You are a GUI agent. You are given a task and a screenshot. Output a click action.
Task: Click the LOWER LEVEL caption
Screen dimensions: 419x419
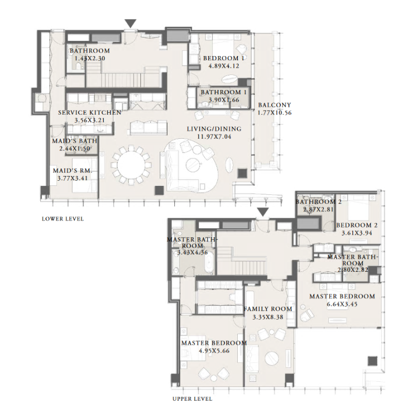click(x=62, y=219)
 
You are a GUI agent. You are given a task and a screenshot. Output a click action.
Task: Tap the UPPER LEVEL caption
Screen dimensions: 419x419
click(x=192, y=399)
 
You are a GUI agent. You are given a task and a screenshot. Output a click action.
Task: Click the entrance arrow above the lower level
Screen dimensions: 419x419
click(x=130, y=24)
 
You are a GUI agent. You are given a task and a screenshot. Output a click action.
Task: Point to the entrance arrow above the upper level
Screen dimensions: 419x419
click(x=263, y=212)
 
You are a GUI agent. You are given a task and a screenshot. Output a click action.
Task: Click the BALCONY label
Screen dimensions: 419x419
click(x=274, y=105)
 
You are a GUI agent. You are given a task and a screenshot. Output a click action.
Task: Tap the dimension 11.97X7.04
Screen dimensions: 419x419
click(x=214, y=137)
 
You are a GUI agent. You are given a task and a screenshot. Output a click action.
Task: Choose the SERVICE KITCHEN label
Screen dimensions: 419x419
click(x=90, y=113)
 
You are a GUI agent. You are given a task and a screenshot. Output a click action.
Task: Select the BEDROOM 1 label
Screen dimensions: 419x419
click(x=224, y=58)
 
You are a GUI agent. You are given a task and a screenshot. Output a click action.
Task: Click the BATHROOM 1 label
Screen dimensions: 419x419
click(x=220, y=92)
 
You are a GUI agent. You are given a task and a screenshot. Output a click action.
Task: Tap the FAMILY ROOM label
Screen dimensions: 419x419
click(x=268, y=309)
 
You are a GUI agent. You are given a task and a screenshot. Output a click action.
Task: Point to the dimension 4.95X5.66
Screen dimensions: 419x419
click(x=214, y=351)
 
